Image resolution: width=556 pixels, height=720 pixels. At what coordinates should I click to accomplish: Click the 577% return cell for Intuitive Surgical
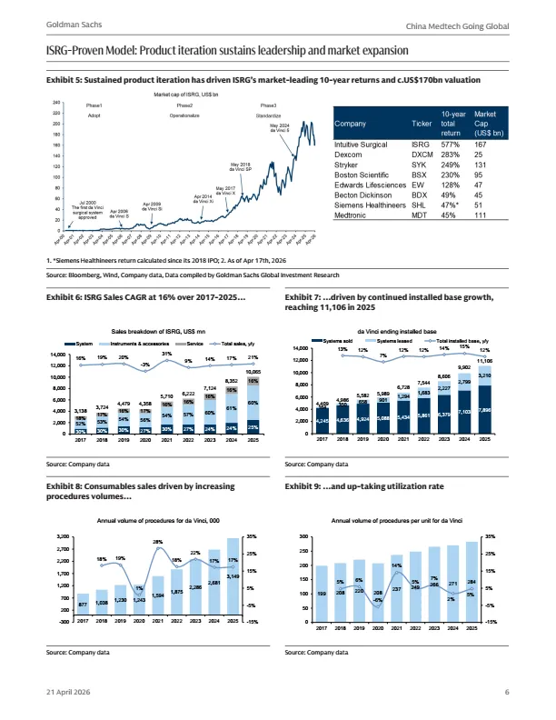click(476, 143)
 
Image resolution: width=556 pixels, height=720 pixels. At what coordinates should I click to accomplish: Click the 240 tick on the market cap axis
click(57, 103)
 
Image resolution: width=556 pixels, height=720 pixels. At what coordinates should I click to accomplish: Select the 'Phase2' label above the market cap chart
click(185, 106)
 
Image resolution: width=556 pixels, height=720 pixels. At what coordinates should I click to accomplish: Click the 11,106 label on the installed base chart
click(484, 362)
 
